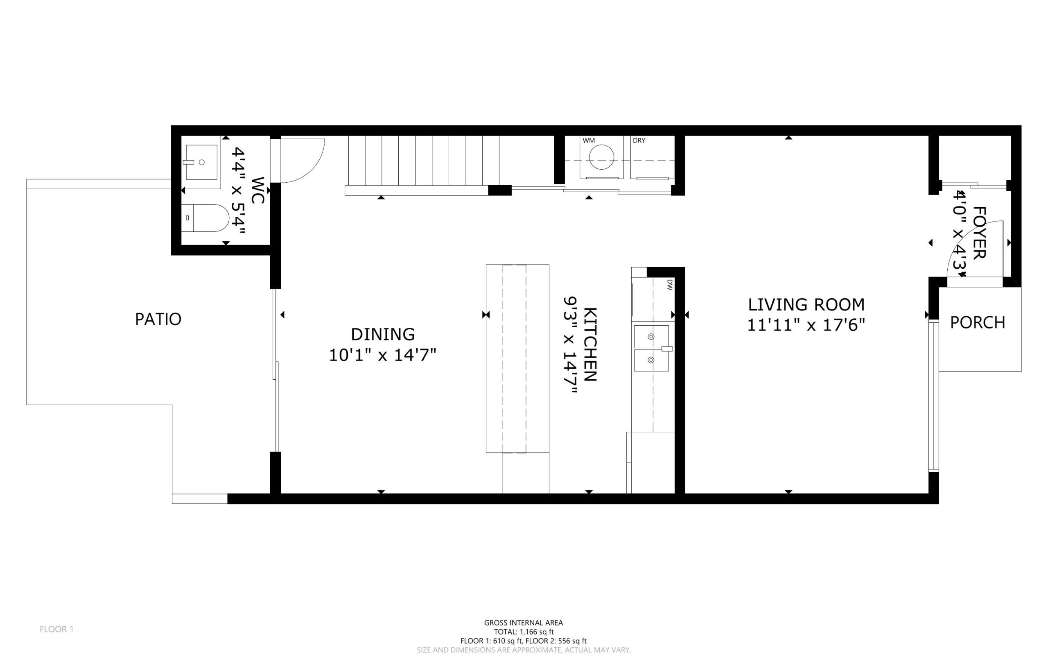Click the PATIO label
[158, 319]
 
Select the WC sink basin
[202, 162]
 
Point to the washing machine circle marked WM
[601, 157]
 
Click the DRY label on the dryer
[639, 141]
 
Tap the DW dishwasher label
[669, 285]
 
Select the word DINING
[383, 334]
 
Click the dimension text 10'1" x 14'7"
[382, 355]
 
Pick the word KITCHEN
[590, 344]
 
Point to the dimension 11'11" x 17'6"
[806, 325]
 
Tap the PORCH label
[978, 323]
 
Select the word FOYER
[979, 233]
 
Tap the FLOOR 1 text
[57, 629]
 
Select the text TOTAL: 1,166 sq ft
[523, 632]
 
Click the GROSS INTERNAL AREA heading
[523, 623]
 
